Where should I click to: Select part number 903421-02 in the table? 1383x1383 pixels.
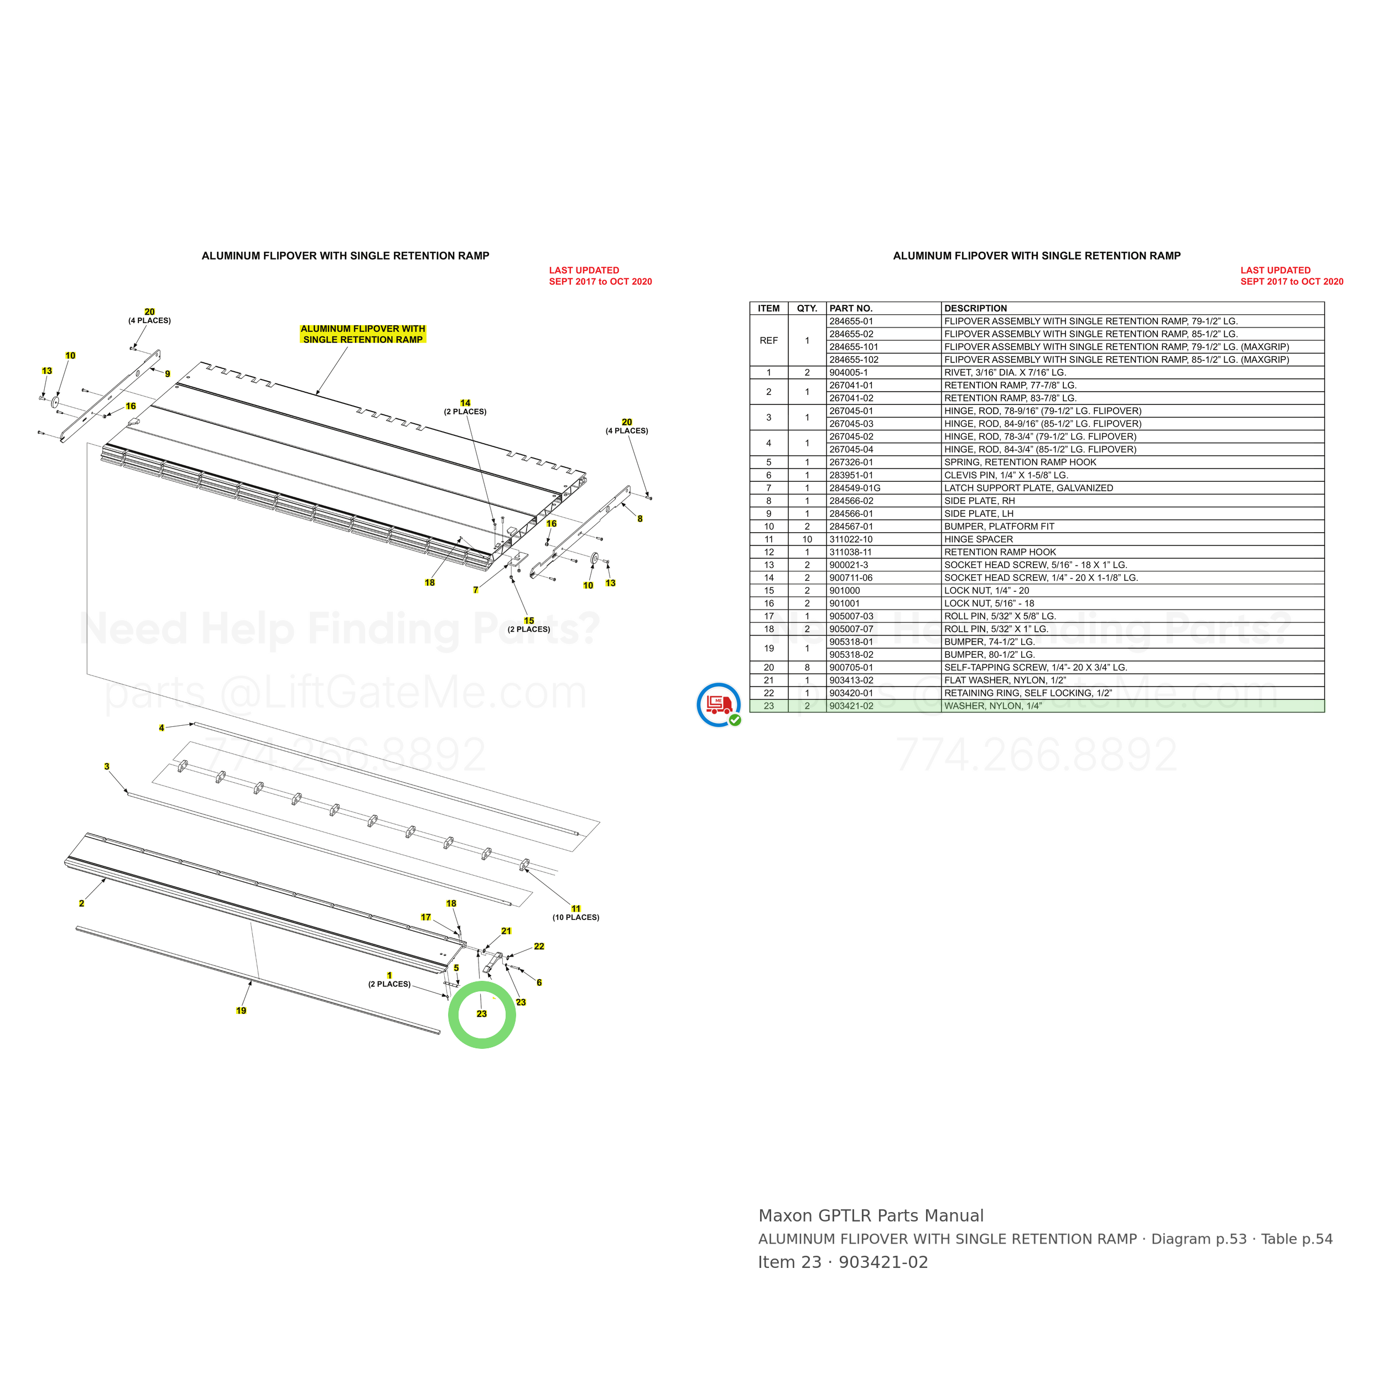point(851,706)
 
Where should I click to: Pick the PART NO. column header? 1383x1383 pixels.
point(850,309)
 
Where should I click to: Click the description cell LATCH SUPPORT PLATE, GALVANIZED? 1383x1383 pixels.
point(1028,488)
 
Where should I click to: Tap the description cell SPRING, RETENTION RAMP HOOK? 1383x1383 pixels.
point(1020,462)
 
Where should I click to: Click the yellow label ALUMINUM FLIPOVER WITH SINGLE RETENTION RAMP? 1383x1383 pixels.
point(363,334)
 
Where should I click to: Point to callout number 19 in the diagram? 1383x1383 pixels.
point(241,1011)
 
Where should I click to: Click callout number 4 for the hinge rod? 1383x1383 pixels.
point(162,728)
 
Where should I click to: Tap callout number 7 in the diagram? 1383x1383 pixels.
point(475,590)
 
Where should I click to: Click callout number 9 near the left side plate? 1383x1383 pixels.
point(168,373)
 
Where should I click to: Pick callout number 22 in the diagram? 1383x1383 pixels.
point(539,947)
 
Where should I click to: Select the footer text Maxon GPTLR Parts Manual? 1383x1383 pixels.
point(870,1215)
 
